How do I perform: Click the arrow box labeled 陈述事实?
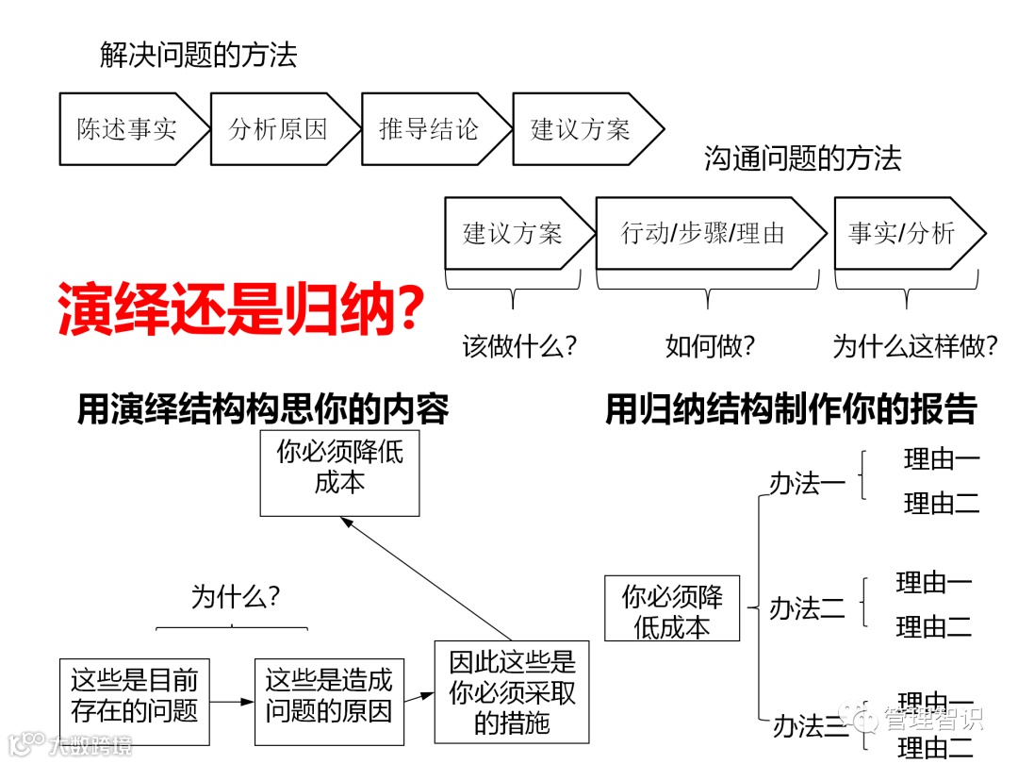(127, 129)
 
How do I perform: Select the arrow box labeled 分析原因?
(278, 129)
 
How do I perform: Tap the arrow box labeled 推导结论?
(430, 129)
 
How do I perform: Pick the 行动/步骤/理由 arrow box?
(703, 233)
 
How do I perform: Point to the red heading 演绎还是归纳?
(239, 307)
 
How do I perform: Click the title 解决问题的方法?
(199, 55)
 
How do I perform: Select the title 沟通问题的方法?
(803, 158)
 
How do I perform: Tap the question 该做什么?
(519, 346)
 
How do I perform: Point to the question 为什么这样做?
(915, 346)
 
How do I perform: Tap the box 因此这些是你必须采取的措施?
(512, 691)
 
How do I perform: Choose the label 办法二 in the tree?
(808, 608)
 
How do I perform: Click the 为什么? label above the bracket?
(236, 596)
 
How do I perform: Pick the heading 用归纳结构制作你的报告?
(791, 409)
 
